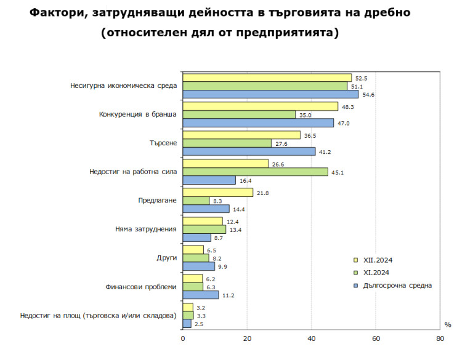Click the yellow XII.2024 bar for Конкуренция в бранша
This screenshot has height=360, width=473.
(x=260, y=106)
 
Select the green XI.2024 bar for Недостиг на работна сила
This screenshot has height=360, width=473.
(x=255, y=172)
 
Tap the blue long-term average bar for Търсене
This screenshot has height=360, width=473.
(x=249, y=151)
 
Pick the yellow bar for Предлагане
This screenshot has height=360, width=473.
(x=217, y=193)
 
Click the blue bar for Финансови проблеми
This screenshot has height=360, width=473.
(x=200, y=295)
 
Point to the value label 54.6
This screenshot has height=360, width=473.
(x=368, y=94)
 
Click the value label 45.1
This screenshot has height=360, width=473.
(x=338, y=172)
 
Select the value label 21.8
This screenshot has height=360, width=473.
(x=263, y=193)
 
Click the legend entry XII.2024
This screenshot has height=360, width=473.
(x=378, y=260)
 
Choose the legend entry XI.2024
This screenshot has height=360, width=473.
(x=376, y=273)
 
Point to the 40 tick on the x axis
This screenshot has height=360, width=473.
(x=311, y=338)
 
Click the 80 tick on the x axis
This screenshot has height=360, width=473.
(x=439, y=338)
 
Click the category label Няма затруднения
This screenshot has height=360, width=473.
(x=146, y=229)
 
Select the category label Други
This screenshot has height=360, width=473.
(x=167, y=258)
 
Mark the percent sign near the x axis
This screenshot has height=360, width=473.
(x=448, y=324)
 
